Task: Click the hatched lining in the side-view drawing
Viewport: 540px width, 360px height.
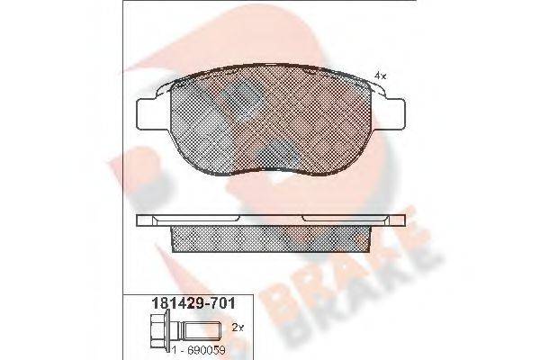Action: click(270, 237)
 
